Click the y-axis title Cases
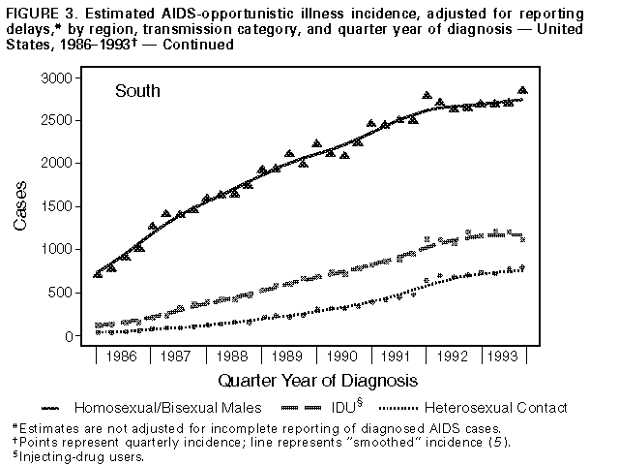21,207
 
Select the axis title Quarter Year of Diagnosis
317,380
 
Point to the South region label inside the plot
137,92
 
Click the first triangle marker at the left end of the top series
98,274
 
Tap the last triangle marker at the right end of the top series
523,91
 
